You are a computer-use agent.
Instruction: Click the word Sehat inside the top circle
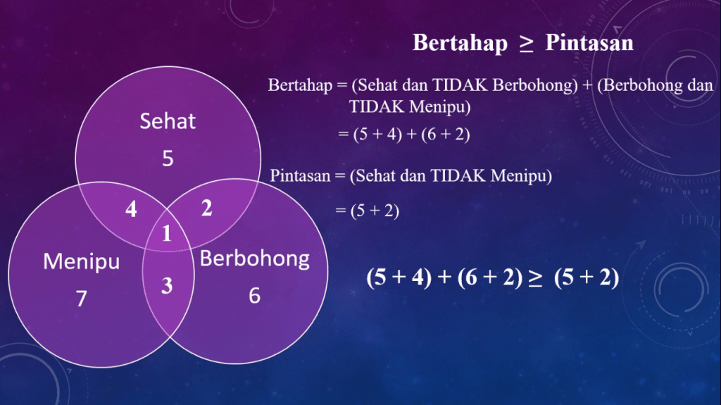168,121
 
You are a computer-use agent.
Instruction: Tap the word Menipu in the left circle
82,261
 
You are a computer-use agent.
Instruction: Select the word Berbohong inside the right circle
254,258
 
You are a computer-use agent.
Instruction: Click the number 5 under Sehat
168,158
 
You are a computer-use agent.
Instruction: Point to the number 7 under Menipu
82,298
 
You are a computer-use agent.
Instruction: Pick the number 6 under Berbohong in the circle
254,295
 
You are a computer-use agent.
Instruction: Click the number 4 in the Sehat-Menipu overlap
131,209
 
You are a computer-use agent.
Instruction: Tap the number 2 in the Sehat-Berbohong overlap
206,208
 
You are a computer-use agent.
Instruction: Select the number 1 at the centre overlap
166,233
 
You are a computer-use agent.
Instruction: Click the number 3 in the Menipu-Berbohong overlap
167,286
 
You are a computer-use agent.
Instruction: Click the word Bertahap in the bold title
460,43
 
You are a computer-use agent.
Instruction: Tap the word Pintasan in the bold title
589,43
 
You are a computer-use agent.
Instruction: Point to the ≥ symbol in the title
527,44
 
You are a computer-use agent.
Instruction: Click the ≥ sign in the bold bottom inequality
535,278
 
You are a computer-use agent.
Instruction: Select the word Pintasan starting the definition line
300,176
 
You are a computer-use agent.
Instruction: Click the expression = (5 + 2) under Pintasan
367,211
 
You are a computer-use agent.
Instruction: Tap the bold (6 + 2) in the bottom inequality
490,278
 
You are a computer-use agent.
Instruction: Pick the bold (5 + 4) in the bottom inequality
399,278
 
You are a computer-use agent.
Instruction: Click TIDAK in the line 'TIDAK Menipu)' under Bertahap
377,107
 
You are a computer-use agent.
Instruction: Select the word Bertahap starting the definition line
300,85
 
